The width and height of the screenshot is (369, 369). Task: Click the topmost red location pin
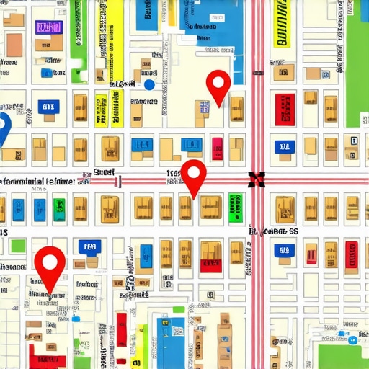click(218, 84)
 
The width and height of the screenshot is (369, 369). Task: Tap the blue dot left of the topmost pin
click(149, 84)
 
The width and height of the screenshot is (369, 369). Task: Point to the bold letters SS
click(293, 232)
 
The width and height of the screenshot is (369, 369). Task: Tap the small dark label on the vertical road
click(257, 73)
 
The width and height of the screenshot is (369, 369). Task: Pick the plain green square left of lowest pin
click(17, 246)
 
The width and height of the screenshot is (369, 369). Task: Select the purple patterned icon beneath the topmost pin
click(205, 107)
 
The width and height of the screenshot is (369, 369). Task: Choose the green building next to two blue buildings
click(58, 209)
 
